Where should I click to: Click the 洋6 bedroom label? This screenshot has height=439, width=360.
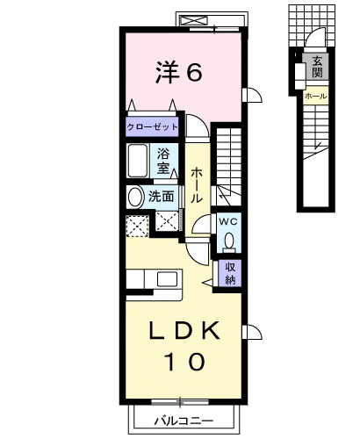(x=179, y=72)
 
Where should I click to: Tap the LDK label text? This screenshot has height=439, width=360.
(x=184, y=330)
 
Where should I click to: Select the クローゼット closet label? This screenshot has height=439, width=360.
(x=152, y=127)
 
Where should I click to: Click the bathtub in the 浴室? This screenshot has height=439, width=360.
(x=137, y=161)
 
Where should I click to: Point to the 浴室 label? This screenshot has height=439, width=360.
(x=163, y=161)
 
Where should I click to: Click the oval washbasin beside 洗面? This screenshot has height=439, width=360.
(x=134, y=197)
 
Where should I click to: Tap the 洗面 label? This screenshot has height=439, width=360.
(x=161, y=197)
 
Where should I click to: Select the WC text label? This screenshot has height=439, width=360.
(x=228, y=222)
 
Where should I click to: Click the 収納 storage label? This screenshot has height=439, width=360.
(x=230, y=274)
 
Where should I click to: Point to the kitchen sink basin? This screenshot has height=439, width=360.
(x=167, y=279)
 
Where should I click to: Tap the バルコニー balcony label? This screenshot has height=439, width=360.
(x=184, y=421)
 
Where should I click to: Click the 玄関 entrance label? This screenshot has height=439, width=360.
(x=317, y=67)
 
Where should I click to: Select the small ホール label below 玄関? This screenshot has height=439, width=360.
(x=316, y=96)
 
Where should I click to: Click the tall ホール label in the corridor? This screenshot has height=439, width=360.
(x=197, y=185)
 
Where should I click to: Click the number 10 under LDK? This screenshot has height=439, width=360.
(x=185, y=361)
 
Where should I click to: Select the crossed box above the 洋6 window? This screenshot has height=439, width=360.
(x=194, y=21)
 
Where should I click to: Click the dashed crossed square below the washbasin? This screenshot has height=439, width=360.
(x=137, y=226)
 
